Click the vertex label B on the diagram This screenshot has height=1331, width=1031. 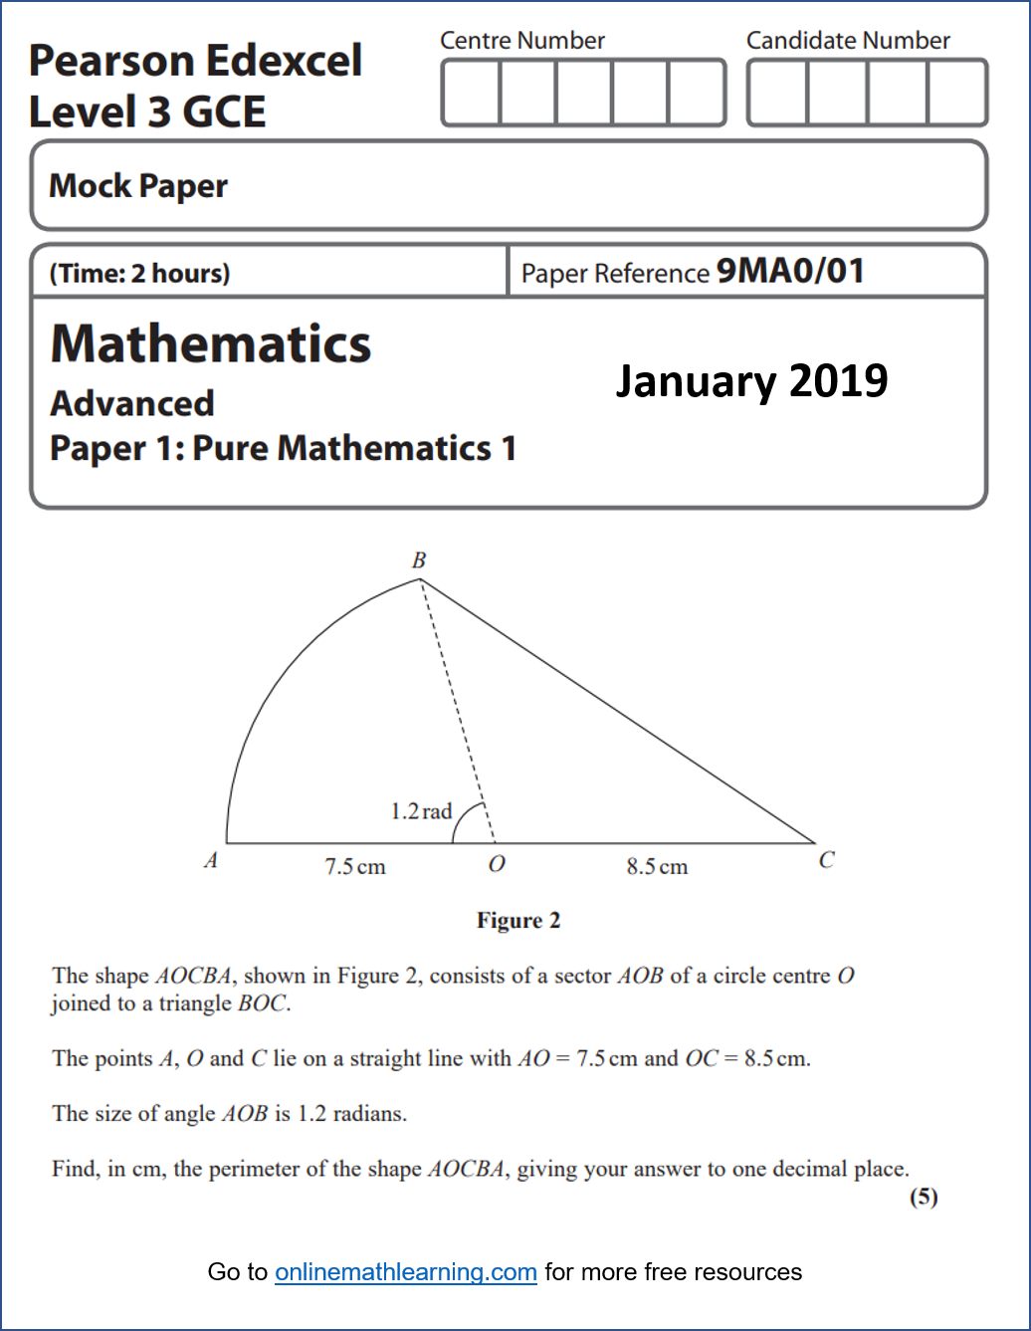point(419,560)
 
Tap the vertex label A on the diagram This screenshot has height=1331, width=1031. point(211,860)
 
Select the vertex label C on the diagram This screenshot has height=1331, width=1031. point(826,860)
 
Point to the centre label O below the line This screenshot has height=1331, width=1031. point(497,864)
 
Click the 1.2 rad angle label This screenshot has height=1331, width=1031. point(421,811)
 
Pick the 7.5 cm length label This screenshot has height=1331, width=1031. point(355,866)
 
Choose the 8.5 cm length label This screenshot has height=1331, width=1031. point(657,866)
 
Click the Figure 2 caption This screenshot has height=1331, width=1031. point(517,920)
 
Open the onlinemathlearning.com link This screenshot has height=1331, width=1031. point(406,1272)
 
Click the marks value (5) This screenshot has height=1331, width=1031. point(924,1197)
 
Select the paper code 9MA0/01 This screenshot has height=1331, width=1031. point(790,271)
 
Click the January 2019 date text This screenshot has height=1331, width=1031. point(751,380)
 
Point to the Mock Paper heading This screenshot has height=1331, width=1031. point(138,186)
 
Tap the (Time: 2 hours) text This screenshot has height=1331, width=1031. point(139,273)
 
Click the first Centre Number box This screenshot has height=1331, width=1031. point(471,93)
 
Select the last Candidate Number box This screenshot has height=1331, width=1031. point(956,93)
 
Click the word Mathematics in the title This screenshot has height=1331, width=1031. point(211,344)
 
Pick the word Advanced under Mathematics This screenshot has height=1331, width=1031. point(132,403)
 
